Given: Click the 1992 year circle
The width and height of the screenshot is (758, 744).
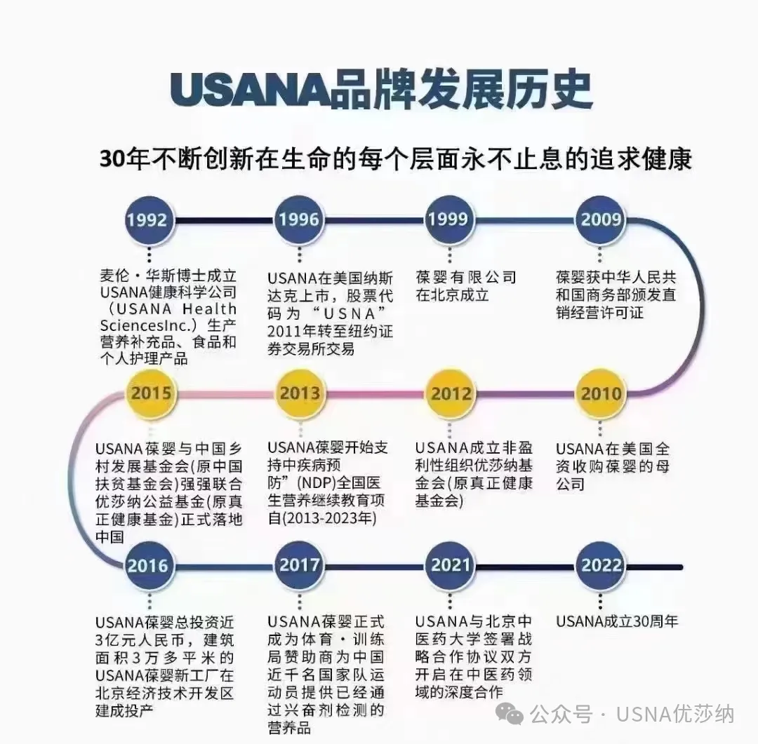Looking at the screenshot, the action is (147, 219).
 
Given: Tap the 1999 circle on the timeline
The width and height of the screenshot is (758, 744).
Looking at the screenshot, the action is (448, 219).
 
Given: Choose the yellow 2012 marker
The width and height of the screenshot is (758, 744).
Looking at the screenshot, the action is (451, 393).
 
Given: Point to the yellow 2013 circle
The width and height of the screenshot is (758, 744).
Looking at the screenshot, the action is (299, 393).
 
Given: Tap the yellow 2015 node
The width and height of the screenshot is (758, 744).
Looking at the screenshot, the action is (150, 392).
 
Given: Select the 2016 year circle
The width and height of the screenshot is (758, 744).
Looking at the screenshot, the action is (148, 566).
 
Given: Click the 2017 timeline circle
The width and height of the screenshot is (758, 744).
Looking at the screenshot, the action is (300, 565).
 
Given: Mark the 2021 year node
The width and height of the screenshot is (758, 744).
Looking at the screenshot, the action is (450, 565).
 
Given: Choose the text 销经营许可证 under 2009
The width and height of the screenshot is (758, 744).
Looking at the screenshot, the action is (599, 312).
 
